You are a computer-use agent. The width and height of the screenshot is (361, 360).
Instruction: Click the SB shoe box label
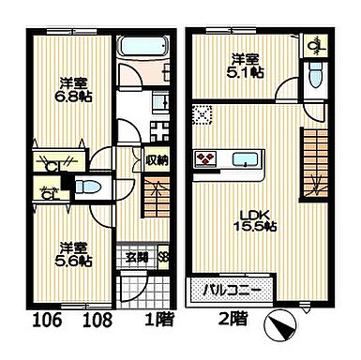(x=163, y=257)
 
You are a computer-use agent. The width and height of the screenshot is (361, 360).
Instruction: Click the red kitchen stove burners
(x=206, y=157)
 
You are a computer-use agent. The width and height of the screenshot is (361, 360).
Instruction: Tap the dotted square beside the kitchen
(x=203, y=114)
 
